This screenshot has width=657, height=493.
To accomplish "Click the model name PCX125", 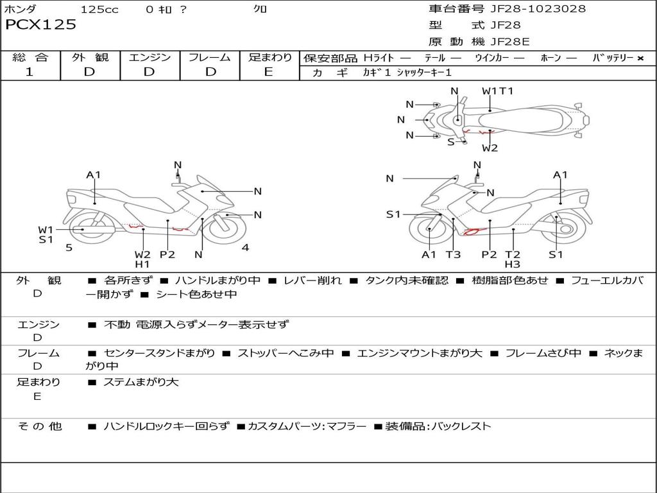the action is tap(41, 25).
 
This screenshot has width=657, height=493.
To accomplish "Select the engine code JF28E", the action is tap(510, 42).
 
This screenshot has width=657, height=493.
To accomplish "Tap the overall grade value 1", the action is tap(30, 72).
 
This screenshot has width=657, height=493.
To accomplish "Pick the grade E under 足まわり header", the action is tap(269, 72).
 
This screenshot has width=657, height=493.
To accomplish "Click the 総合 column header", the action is tap(30, 58).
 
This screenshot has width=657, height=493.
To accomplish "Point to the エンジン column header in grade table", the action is tap(149, 58).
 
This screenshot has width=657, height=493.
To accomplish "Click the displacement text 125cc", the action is tap(99, 10).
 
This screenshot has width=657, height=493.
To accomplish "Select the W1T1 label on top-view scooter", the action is tap(497, 91).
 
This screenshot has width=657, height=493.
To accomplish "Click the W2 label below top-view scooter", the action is tap(490, 148).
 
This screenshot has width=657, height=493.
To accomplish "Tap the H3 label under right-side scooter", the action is tap(512, 264).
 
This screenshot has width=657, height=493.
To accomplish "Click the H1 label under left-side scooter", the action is tap(142, 264).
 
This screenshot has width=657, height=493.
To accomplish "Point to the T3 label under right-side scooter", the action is tap(453, 254).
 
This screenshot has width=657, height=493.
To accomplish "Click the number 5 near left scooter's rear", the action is tap(69, 248).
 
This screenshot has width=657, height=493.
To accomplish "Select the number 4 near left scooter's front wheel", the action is tap(245, 248).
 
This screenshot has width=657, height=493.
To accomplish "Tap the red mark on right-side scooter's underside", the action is tap(472, 231).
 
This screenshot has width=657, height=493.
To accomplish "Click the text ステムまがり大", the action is tap(141, 383).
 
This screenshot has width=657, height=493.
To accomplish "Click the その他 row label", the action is tap(39, 426).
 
